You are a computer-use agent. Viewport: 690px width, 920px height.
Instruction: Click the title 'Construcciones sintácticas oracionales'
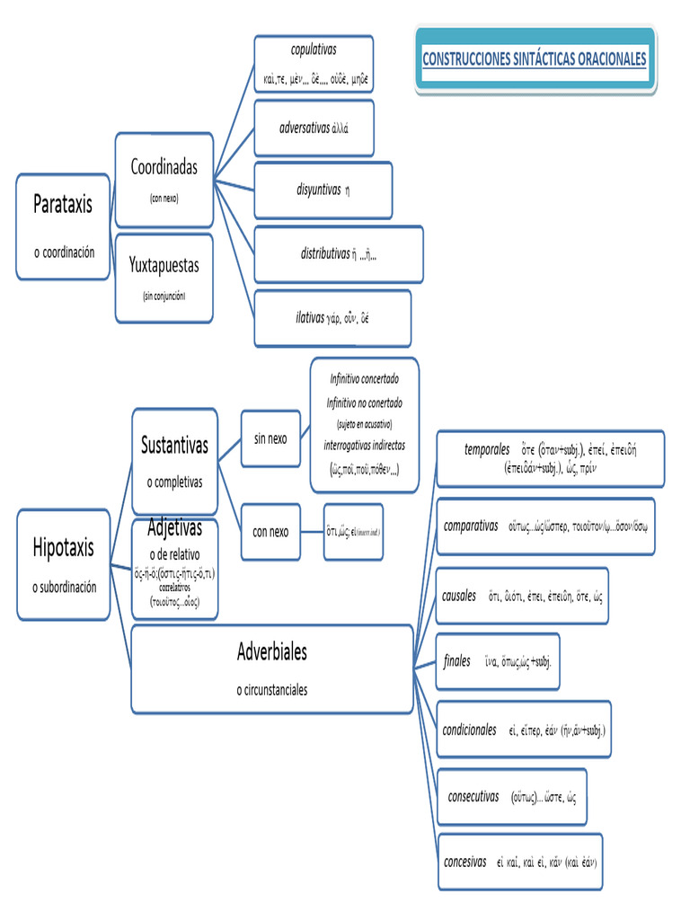pos(535,59)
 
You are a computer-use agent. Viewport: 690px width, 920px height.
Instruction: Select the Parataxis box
pos(64,226)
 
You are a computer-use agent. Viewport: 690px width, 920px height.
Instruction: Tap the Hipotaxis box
pos(64,564)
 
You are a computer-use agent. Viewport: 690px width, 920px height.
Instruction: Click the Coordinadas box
pos(164,180)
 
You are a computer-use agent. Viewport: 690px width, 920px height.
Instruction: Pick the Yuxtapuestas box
pos(164,277)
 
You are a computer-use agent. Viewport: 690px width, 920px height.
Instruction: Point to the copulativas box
pos(314,64)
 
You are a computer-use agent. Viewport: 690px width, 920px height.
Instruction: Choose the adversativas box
pos(314,128)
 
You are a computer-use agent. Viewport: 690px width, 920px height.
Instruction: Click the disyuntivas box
pos(323,190)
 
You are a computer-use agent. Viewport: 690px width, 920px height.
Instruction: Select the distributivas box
pos(339,254)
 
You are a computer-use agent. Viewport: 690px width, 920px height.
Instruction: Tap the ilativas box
pos(332,317)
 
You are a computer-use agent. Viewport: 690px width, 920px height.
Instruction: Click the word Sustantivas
pos(174,445)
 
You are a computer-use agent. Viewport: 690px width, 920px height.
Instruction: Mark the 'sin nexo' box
pos(270,438)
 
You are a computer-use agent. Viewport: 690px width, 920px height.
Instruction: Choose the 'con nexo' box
pos(270,532)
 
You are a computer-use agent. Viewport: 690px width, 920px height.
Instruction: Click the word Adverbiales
pos(271,651)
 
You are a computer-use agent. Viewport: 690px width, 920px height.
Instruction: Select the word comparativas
pos(471,526)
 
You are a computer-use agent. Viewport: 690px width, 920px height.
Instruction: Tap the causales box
pos(522,596)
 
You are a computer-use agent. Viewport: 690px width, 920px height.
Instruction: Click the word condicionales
pos(469,730)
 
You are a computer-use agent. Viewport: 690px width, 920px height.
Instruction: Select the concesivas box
pos(519,861)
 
